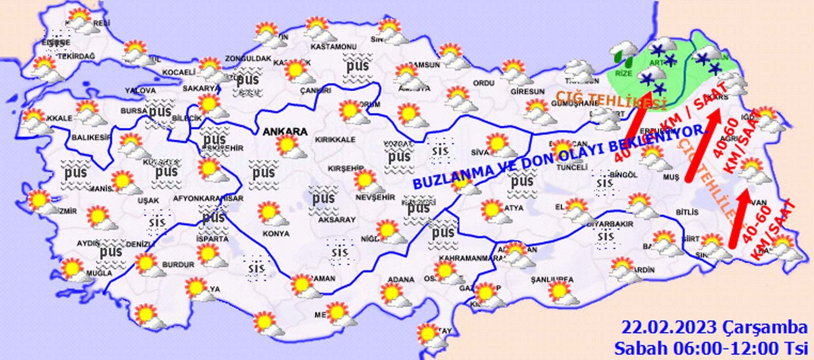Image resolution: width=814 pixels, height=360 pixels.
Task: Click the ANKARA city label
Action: [285, 131]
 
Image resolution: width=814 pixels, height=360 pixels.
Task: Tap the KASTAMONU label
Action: [333, 47]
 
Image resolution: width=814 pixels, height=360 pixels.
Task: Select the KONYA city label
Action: [276, 234]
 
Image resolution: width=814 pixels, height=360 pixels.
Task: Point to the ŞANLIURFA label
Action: [552, 280]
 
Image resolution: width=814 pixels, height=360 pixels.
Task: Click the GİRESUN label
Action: [527, 92]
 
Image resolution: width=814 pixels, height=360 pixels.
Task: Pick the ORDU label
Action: [484, 83]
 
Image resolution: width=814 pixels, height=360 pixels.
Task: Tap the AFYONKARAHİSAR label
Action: [208, 198]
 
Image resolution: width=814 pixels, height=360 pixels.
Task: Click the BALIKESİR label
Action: [91, 137]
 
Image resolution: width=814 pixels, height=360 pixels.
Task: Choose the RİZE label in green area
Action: [623, 73]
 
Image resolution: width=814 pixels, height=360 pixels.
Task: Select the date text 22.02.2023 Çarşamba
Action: [714, 328]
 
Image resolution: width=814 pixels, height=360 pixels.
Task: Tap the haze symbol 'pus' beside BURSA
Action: [160, 112]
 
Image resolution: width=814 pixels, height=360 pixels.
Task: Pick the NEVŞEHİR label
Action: [375, 198]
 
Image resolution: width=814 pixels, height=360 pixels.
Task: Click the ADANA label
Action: [401, 279]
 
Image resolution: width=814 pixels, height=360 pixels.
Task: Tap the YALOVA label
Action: [140, 91]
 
